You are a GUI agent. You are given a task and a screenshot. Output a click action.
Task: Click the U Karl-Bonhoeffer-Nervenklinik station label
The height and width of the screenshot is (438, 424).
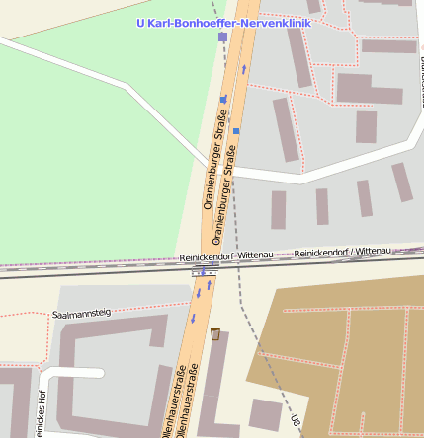point(222,22)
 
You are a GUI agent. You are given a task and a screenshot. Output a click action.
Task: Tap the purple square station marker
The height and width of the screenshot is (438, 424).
point(222,36)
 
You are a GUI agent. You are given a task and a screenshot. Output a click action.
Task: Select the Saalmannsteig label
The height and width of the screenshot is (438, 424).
point(80,313)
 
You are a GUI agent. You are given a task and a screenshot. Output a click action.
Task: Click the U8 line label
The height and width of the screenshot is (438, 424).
point(295,421)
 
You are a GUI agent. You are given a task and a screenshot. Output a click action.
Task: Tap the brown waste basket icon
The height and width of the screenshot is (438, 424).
point(215,333)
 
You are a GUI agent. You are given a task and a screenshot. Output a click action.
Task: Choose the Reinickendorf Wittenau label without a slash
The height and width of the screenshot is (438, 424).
point(226,256)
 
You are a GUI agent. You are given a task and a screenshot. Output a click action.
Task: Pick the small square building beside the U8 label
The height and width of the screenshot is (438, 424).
point(264,413)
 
